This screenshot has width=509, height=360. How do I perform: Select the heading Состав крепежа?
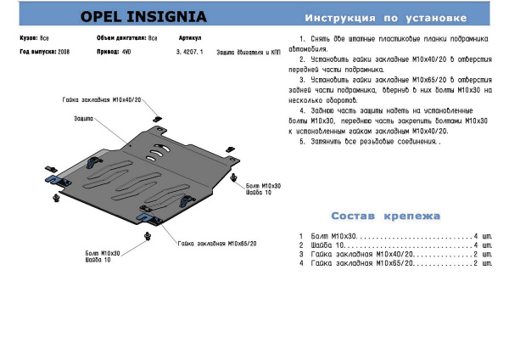coord(386,216)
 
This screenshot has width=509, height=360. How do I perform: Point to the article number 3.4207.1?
coord(189,52)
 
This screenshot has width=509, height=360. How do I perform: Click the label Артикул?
coord(191,39)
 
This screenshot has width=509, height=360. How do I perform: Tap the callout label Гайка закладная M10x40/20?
coord(99,99)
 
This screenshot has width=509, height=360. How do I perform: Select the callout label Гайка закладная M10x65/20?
coord(217,243)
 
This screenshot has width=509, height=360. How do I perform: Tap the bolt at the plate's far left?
coord(55,200)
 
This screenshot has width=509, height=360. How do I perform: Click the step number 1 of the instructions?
coord(303,40)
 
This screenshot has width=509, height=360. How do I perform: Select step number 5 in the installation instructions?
coord(303,142)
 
